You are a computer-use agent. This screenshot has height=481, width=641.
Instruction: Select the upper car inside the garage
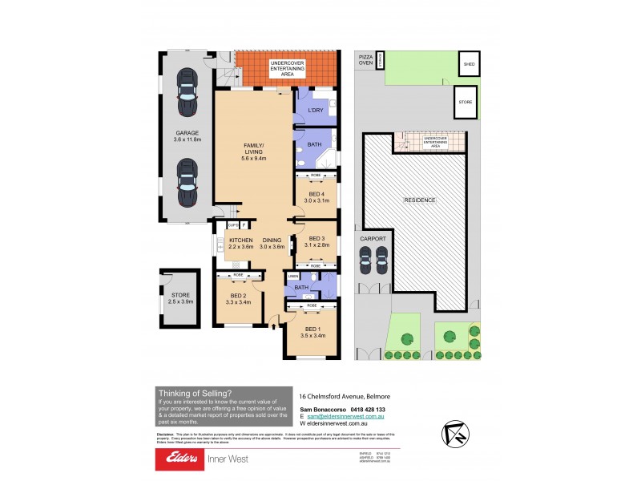coord(187,90)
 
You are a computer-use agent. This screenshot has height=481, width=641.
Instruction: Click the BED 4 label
coord(316,194)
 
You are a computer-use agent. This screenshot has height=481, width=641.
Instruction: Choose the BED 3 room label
coord(316,238)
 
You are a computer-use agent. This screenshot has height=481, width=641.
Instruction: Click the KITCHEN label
coord(241,240)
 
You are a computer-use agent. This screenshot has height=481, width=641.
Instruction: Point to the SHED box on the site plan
coord(468,63)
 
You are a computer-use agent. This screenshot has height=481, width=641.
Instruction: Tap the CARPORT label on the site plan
coord(374,238)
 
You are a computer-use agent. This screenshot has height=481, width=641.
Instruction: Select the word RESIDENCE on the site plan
coord(419,200)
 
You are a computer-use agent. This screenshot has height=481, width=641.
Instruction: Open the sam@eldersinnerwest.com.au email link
coord(347,417)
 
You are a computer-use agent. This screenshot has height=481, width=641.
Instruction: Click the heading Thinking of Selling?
coord(196,393)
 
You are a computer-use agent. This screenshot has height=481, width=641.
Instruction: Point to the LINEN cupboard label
coord(293,277)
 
